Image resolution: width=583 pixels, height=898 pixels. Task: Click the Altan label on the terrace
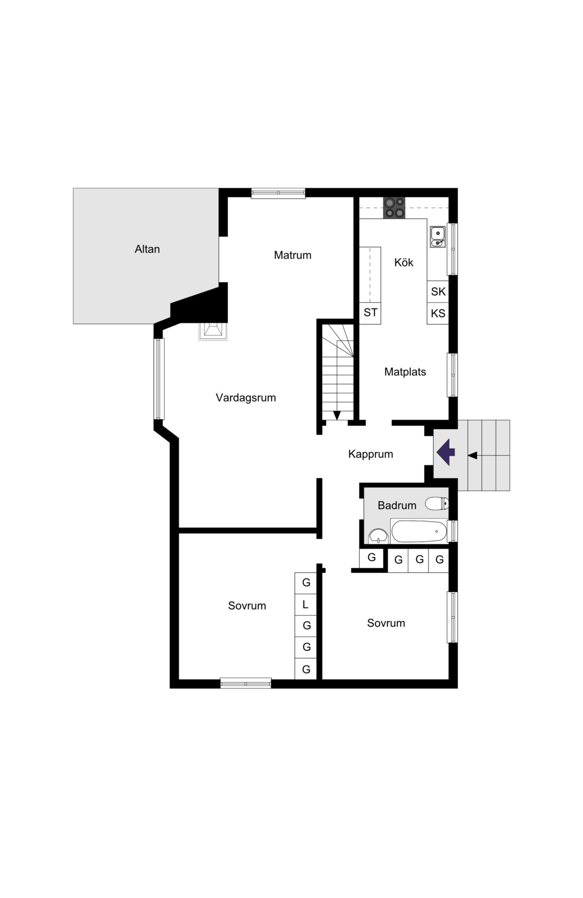pyautogui.click(x=147, y=249)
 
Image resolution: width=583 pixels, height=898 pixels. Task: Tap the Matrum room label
pyautogui.click(x=292, y=255)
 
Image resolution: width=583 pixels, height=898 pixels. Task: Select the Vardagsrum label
pyautogui.click(x=245, y=397)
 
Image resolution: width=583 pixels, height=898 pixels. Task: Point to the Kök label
pyautogui.click(x=404, y=262)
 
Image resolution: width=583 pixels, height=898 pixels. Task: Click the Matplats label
pyautogui.click(x=405, y=372)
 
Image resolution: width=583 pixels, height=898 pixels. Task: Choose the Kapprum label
pyautogui.click(x=370, y=454)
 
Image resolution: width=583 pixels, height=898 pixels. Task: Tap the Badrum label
pyautogui.click(x=397, y=505)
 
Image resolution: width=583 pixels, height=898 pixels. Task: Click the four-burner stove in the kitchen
pyautogui.click(x=394, y=207)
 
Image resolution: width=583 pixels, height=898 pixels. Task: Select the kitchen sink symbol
pyautogui.click(x=437, y=237)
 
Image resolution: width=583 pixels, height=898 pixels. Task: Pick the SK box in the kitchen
pyautogui.click(x=438, y=291)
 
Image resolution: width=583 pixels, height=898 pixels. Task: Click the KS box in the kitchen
pyautogui.click(x=438, y=313)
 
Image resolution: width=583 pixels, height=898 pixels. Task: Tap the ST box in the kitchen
pyautogui.click(x=370, y=313)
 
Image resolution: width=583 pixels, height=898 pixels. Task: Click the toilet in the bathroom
pyautogui.click(x=437, y=504)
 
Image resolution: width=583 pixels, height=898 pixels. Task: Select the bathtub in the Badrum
pyautogui.click(x=419, y=532)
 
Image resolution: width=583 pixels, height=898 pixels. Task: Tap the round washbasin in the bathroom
pyautogui.click(x=378, y=536)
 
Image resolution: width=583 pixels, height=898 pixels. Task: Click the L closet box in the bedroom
pyautogui.click(x=306, y=604)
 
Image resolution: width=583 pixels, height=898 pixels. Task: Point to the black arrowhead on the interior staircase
pyautogui.click(x=337, y=415)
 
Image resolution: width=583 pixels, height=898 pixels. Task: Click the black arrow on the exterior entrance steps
pyautogui.click(x=473, y=455)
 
